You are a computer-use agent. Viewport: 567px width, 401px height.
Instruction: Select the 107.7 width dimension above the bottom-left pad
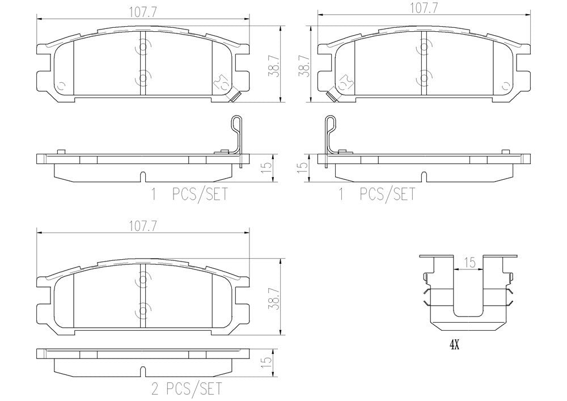click(142, 226)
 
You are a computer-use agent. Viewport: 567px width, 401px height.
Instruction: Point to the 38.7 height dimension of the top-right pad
click(303, 66)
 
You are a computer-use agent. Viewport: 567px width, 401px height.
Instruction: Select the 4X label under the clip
click(454, 345)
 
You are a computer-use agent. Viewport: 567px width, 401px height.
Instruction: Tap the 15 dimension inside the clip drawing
click(469, 263)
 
